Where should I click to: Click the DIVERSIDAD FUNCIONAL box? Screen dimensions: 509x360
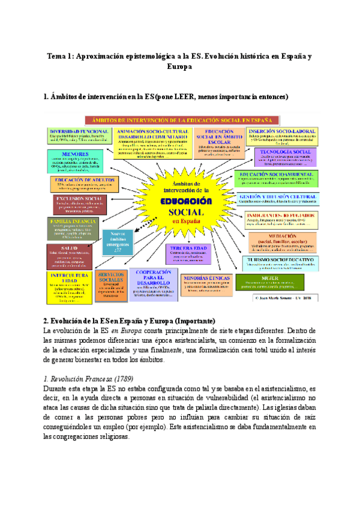[80, 136]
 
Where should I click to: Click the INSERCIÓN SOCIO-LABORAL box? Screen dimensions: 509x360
[283, 135]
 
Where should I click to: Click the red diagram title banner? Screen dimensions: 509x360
[204, 119]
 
